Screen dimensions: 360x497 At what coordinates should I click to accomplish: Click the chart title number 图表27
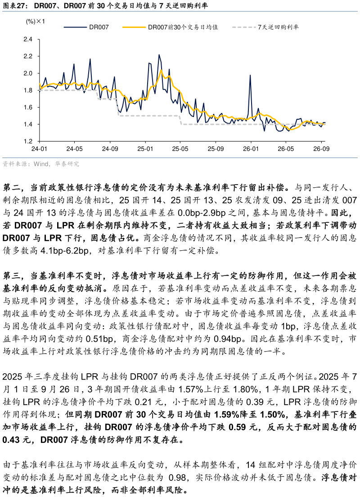(x=14, y=5)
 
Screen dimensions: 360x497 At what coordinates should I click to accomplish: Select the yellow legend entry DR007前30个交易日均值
(x=170, y=27)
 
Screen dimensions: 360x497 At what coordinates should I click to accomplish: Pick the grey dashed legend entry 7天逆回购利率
(x=265, y=27)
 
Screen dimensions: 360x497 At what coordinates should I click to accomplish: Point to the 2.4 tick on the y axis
(x=28, y=39)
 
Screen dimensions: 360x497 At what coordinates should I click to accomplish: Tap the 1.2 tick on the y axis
(x=28, y=141)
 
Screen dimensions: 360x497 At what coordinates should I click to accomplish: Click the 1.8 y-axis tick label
(x=28, y=90)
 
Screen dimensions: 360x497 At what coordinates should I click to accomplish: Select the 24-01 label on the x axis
(x=39, y=149)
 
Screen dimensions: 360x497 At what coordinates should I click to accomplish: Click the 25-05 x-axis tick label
(x=180, y=149)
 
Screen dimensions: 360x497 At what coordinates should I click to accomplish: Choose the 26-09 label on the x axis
(x=321, y=149)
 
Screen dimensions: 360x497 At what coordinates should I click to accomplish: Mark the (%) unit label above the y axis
(x=31, y=22)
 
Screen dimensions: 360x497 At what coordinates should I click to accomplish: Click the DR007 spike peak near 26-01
(x=250, y=76)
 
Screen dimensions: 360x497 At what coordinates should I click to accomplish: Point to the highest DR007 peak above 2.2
(x=159, y=55)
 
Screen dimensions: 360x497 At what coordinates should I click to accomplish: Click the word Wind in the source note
(x=41, y=164)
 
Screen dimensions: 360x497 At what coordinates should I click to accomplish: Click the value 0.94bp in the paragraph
(x=228, y=339)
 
